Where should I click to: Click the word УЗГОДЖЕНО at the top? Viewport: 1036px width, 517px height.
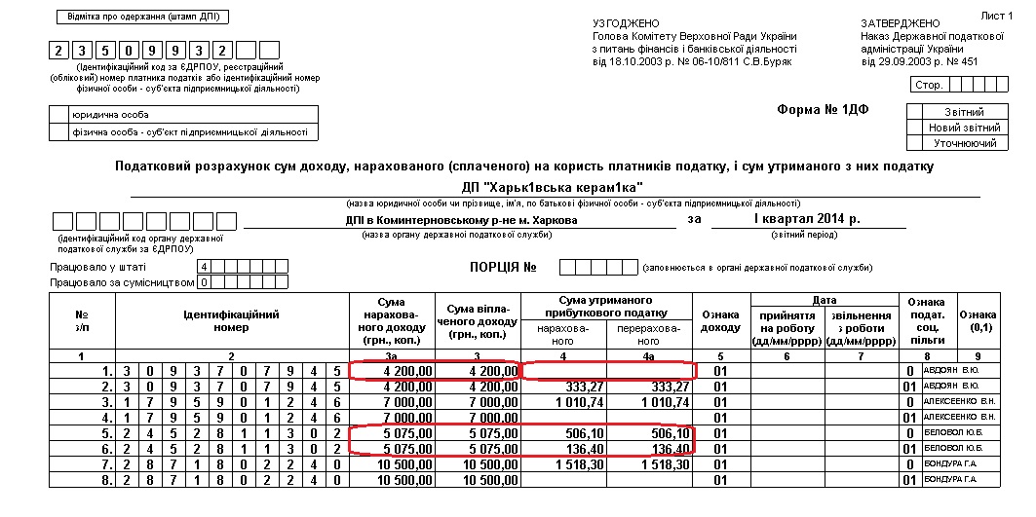pos(626,22)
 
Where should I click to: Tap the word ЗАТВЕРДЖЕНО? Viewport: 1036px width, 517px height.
pos(901,22)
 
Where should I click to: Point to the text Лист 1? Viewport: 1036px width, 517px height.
pos(995,17)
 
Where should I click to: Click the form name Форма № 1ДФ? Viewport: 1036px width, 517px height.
pos(823,109)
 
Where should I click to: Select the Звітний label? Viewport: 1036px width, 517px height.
pos(964,112)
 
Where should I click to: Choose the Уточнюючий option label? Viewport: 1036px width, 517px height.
pos(964,143)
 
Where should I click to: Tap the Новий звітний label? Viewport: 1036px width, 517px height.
pos(964,128)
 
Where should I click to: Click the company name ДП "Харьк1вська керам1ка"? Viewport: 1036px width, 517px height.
pos(552,187)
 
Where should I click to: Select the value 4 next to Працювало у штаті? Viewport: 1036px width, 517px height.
pos(205,266)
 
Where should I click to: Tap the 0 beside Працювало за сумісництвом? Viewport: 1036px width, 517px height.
pos(205,282)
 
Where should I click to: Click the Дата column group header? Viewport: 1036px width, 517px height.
pos(825,301)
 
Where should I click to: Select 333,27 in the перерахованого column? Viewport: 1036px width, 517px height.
pos(668,387)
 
